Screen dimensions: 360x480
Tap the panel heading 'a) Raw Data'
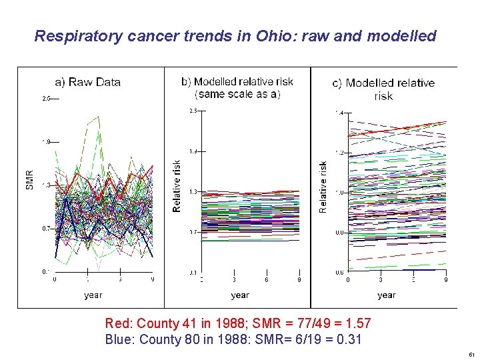tap(88, 82)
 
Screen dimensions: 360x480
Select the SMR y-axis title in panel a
tap(30, 179)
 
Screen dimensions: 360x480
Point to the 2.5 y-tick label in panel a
tap(46, 99)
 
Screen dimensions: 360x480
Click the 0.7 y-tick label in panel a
tap(46, 229)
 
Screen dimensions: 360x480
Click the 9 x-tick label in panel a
tap(153, 280)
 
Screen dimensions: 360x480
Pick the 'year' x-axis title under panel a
tap(93, 295)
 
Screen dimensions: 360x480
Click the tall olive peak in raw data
tap(99, 117)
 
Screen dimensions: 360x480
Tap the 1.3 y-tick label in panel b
tap(193, 192)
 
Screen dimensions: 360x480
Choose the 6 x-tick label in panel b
tap(267, 281)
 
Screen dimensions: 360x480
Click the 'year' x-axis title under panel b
tap(240, 295)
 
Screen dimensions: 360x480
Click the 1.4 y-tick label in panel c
tap(339, 113)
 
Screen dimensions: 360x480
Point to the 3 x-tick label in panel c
tap(381, 280)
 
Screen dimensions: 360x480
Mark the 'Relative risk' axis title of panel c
tap(323, 187)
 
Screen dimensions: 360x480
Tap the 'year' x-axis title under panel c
tap(387, 295)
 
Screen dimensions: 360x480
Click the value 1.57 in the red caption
tap(357, 324)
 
